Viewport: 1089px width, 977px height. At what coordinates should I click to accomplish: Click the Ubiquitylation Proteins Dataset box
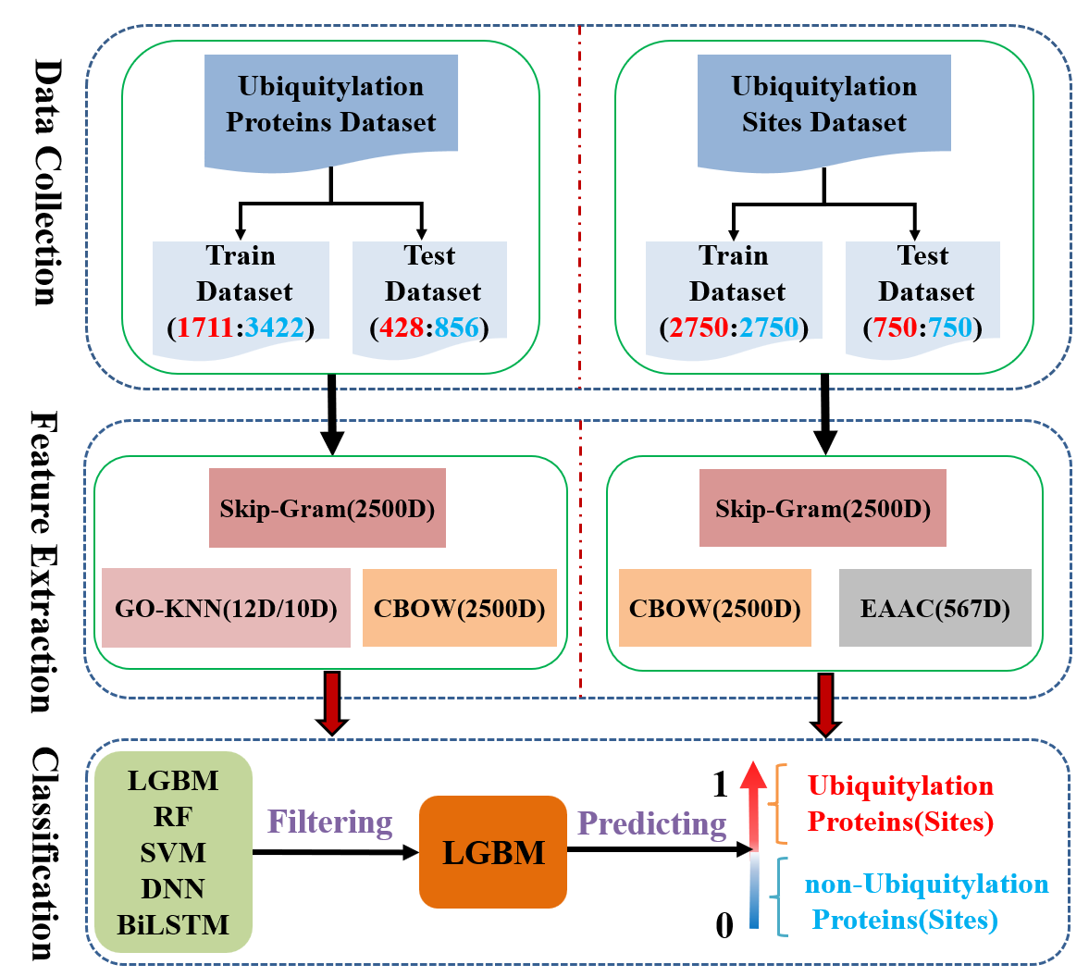(x=330, y=105)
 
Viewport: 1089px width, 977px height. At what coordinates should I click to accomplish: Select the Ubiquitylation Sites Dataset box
(x=823, y=105)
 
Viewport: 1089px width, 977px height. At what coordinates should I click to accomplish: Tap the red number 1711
(x=204, y=328)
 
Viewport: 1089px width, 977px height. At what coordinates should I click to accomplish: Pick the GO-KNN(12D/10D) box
(x=226, y=608)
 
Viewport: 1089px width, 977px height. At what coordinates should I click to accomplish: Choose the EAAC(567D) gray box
(x=934, y=608)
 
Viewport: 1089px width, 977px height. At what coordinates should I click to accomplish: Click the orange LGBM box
(x=493, y=852)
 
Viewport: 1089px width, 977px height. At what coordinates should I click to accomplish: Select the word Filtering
(x=330, y=822)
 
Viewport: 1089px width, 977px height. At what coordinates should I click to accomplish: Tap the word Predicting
(x=651, y=823)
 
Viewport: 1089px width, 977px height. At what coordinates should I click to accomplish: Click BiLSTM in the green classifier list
(x=173, y=924)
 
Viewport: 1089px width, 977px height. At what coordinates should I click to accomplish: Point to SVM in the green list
(x=173, y=852)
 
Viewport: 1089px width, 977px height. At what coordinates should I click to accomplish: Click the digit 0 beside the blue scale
(x=724, y=923)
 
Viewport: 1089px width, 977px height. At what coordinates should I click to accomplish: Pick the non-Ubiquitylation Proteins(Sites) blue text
(x=925, y=902)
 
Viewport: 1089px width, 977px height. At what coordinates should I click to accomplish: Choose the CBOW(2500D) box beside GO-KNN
(x=459, y=608)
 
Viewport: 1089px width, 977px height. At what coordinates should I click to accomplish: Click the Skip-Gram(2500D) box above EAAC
(x=823, y=508)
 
